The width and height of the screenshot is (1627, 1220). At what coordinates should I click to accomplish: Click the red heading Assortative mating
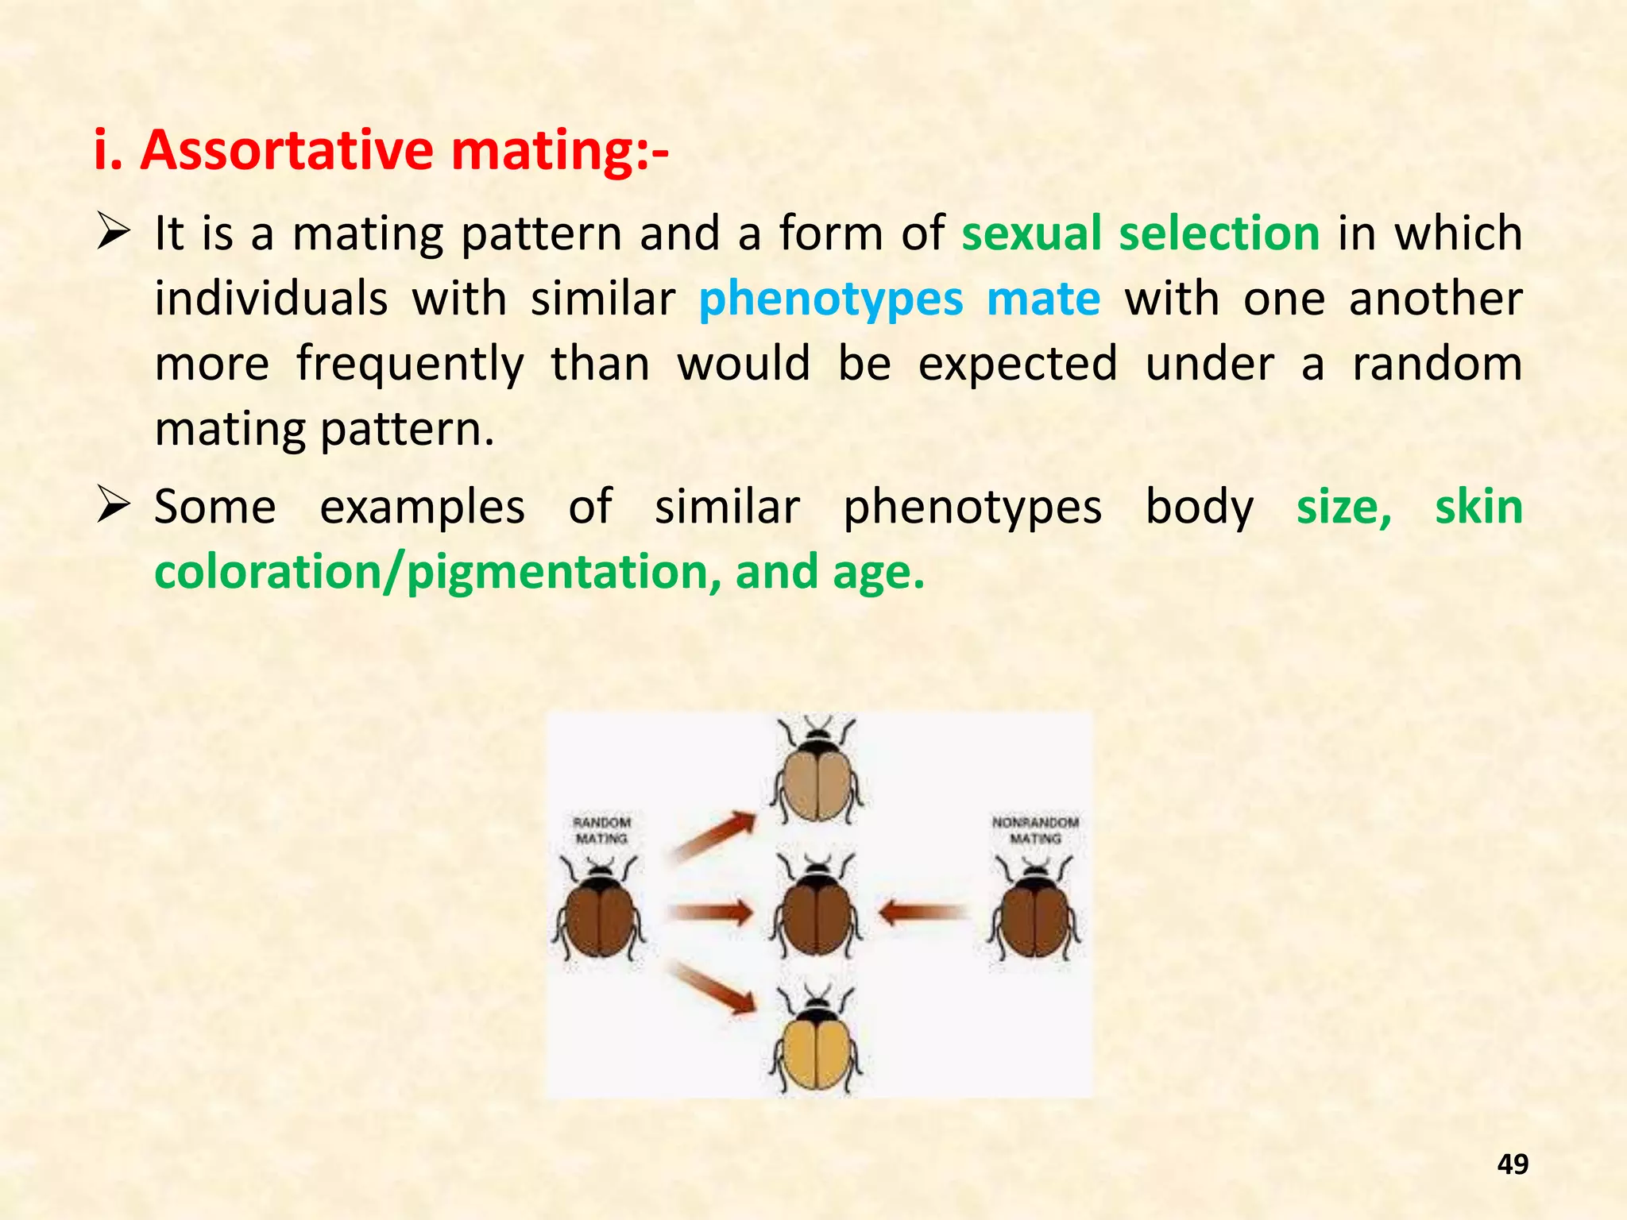(x=381, y=149)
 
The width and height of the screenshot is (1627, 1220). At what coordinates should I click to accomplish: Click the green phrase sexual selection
(x=1140, y=234)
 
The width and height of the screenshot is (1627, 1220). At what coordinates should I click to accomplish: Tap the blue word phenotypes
(x=831, y=299)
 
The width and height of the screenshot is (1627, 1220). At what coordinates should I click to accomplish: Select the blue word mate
(x=1043, y=299)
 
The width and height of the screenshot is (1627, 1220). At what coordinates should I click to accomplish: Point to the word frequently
(x=410, y=365)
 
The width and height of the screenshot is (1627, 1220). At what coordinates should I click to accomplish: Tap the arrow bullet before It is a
(x=113, y=234)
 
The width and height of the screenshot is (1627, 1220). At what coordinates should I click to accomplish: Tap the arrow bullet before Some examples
(x=113, y=507)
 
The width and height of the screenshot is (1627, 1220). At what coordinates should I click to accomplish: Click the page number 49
(x=1512, y=1164)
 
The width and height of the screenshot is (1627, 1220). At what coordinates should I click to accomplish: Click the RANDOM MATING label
(x=601, y=830)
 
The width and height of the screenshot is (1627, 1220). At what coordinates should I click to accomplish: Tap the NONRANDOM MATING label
(x=1035, y=830)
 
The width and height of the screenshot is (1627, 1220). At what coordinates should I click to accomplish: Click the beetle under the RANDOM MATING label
(x=599, y=913)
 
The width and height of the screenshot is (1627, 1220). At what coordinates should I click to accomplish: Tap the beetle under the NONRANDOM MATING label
(x=1034, y=913)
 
